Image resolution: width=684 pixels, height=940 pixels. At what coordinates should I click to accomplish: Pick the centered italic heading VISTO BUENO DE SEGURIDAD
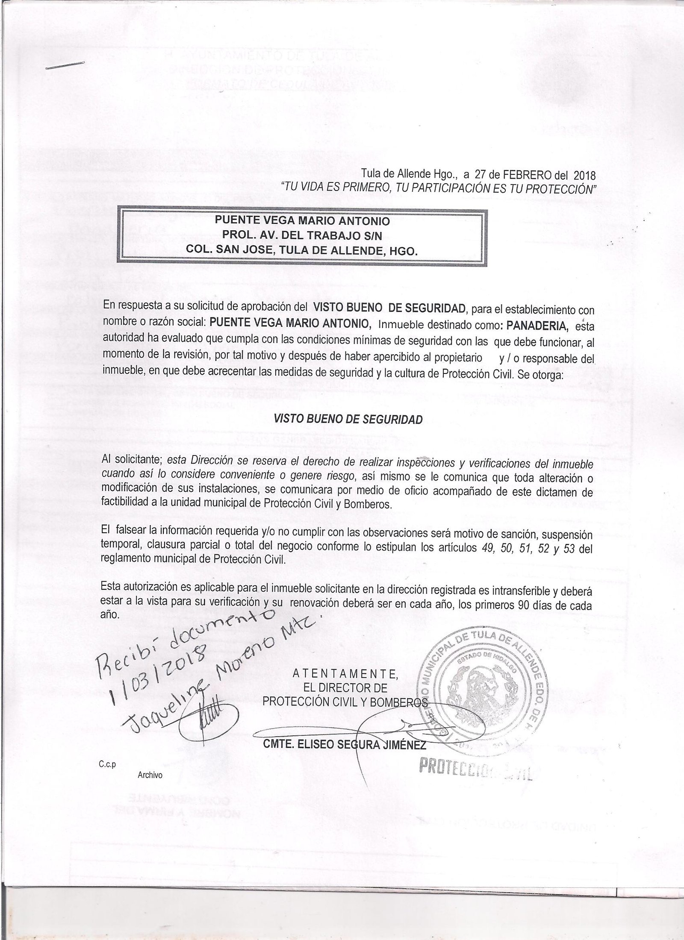click(x=348, y=419)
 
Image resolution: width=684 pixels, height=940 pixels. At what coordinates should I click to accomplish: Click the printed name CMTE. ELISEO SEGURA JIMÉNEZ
click(x=345, y=746)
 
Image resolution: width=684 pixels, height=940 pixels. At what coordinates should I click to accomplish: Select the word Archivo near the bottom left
click(x=150, y=775)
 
